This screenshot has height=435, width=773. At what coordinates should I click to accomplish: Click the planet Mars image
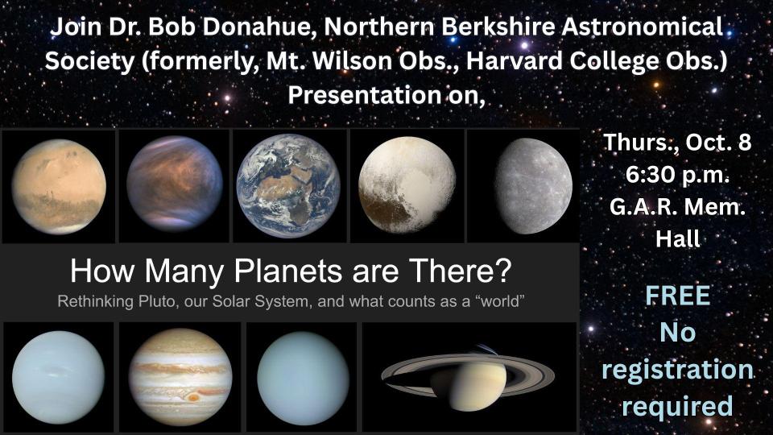point(59,186)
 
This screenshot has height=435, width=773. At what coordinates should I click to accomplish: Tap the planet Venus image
point(175,184)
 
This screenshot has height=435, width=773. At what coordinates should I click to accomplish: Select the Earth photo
point(288,185)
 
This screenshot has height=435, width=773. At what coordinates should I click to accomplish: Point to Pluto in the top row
point(407,184)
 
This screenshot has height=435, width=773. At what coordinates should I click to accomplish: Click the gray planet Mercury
point(534,186)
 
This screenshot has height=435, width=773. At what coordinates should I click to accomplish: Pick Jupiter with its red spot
point(180,377)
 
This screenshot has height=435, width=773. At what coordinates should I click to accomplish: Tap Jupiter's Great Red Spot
point(193,397)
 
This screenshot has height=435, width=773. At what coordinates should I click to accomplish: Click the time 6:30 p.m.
point(677,175)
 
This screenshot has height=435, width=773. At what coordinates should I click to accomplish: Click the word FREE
point(678,296)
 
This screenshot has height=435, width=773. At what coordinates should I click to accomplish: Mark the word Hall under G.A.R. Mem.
point(677,238)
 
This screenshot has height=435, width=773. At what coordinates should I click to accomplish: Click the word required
point(677,406)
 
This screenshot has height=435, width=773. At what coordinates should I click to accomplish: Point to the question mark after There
point(503,271)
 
